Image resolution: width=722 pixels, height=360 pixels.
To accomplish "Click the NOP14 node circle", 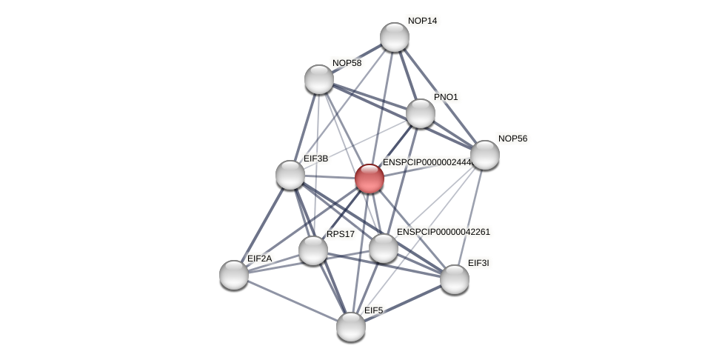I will pos(395,37).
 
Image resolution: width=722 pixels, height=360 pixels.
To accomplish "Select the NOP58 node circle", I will pos(319,79).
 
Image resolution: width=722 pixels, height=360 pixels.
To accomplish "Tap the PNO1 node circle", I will pos(421,113).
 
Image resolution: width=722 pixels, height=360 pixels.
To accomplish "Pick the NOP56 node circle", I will pos(485,155).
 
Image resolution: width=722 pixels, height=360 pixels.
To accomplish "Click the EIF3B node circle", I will pos(290,175).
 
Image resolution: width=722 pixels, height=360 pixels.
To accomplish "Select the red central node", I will pos(370,179).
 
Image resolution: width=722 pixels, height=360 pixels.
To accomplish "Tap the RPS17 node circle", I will pos(313,250).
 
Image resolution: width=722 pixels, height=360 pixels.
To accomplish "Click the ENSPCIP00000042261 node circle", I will pos(384,248).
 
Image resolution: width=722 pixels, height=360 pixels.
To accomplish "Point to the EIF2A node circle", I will pos(234,275).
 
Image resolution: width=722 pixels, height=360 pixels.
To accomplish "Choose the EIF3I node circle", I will pos(455,279).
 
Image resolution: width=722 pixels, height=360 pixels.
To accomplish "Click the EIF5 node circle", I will pos(351,327).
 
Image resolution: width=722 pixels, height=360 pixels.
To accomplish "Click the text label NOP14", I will pos(422,21).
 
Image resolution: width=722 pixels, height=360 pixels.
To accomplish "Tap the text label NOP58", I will pos(347,63).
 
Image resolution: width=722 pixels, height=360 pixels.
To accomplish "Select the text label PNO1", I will pos(446,97).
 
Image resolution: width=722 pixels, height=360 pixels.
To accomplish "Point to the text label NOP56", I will pos(512,139).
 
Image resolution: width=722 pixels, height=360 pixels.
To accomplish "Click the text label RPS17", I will pos(341,234).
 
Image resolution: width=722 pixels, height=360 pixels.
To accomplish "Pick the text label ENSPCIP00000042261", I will pos(443,232).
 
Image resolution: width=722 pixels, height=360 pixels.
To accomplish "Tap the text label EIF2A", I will pos(259,259).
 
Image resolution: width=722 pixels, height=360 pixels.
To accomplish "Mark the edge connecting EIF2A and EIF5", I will pos(293,301).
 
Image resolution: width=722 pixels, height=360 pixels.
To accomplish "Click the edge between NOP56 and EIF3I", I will pos(470,216).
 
